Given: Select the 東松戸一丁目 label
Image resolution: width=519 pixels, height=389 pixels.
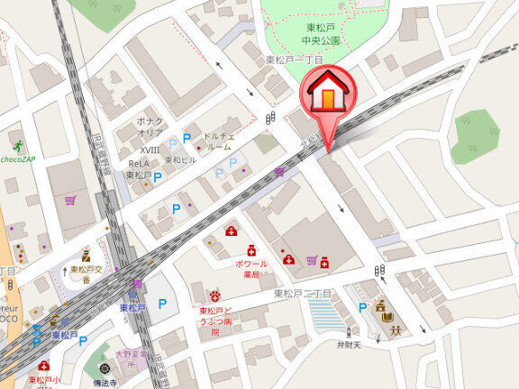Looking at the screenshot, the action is click(x=293, y=59).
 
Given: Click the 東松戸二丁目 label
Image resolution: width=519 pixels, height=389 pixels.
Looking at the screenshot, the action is click(x=304, y=294).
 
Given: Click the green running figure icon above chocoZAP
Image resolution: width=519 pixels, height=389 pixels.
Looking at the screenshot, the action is click(x=17, y=145).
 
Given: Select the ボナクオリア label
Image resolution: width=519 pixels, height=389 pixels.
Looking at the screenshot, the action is click(x=150, y=125).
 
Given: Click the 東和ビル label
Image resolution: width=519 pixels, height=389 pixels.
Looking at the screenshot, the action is click(x=180, y=160).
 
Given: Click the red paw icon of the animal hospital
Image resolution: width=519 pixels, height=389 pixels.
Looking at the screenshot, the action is click(x=215, y=295).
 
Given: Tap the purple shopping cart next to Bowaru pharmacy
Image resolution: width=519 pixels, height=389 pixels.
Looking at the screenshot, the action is click(x=312, y=260).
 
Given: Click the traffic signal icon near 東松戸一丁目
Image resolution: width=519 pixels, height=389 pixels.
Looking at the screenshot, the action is click(x=270, y=118).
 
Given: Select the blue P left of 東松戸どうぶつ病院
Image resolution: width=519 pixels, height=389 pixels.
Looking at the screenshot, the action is click(x=162, y=304).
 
